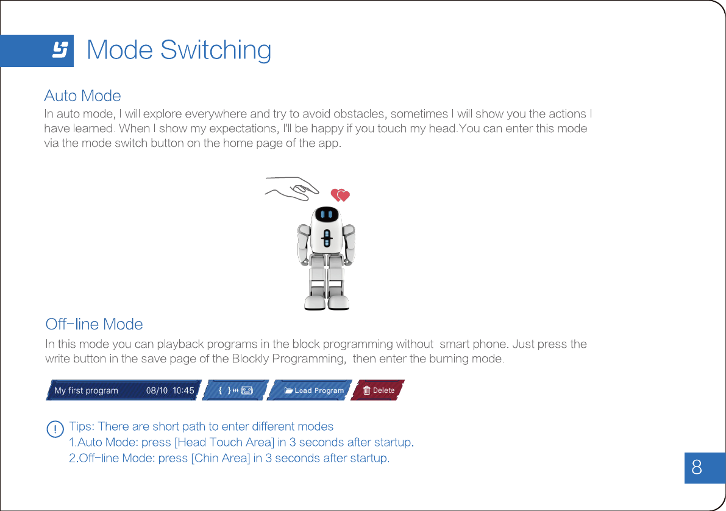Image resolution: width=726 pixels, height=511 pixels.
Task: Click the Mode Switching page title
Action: (179, 50)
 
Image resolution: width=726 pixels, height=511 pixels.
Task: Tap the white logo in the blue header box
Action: (60, 50)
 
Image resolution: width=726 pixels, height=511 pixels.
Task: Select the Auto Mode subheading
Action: (82, 96)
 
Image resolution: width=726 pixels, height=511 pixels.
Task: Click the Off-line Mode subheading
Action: (94, 324)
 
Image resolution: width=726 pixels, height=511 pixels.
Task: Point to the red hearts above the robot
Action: (340, 195)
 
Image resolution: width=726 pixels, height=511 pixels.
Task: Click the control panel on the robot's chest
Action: (327, 238)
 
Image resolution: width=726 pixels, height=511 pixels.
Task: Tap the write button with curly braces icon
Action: (235, 390)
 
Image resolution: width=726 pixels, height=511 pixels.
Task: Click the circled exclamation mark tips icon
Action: (55, 428)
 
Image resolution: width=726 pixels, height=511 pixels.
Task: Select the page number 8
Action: (697, 468)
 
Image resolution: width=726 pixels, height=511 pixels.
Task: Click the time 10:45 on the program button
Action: (183, 390)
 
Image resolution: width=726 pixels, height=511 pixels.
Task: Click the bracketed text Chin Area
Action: (221, 458)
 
